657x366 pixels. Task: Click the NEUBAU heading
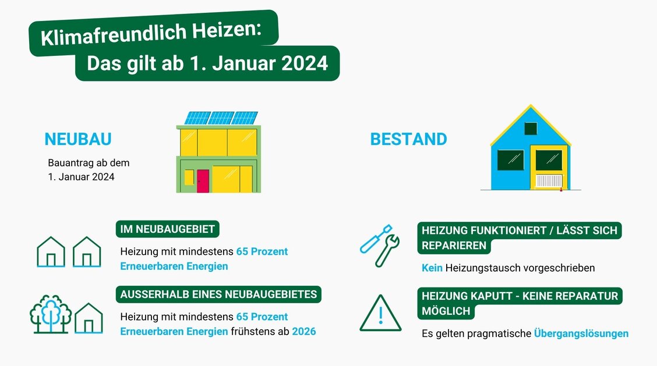[x=78, y=139]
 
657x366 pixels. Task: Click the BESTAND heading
[x=408, y=139]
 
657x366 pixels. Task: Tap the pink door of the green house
[x=202, y=180]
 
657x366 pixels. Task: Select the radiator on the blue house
[x=549, y=181]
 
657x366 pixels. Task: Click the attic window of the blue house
[x=531, y=129]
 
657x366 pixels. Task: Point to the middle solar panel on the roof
[x=221, y=118]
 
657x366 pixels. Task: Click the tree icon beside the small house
[x=50, y=314]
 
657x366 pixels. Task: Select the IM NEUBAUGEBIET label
[x=167, y=229]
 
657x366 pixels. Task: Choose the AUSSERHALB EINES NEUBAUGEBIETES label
[x=218, y=294]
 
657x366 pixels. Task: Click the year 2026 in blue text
[x=304, y=331]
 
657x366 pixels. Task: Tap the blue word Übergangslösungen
[x=581, y=333]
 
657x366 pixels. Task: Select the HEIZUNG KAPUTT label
[x=520, y=296]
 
